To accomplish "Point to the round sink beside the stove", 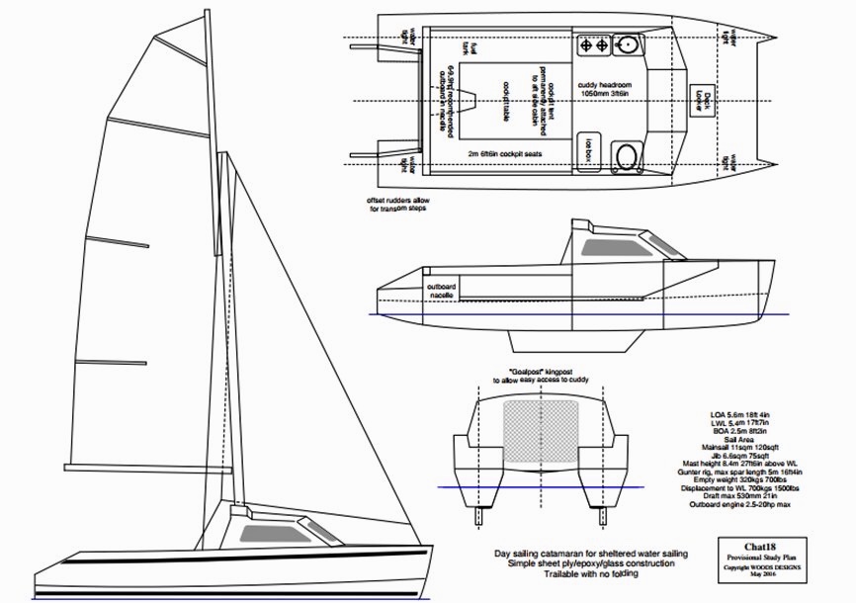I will tap(627, 44).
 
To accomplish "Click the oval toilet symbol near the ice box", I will tap(626, 153).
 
